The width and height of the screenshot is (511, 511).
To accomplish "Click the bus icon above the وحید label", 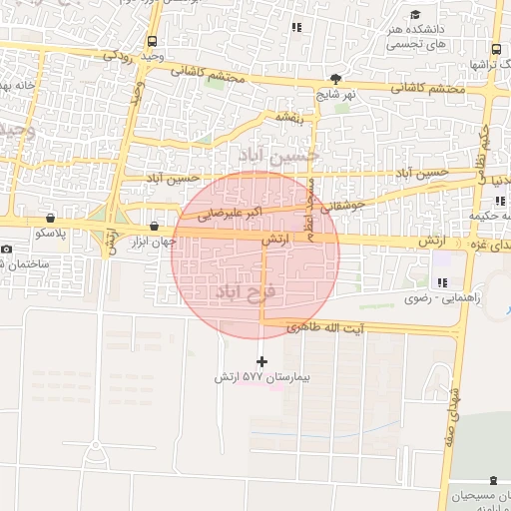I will (152, 42).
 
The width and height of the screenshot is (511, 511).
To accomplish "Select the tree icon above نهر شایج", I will (336, 79).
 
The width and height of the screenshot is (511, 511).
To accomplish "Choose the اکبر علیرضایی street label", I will (231, 214).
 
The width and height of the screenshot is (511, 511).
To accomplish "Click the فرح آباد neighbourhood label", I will (250, 289).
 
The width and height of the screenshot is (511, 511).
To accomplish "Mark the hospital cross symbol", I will (262, 361).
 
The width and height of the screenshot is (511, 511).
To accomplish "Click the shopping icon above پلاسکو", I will (50, 218).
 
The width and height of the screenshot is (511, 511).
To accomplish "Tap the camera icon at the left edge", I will (6, 249).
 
